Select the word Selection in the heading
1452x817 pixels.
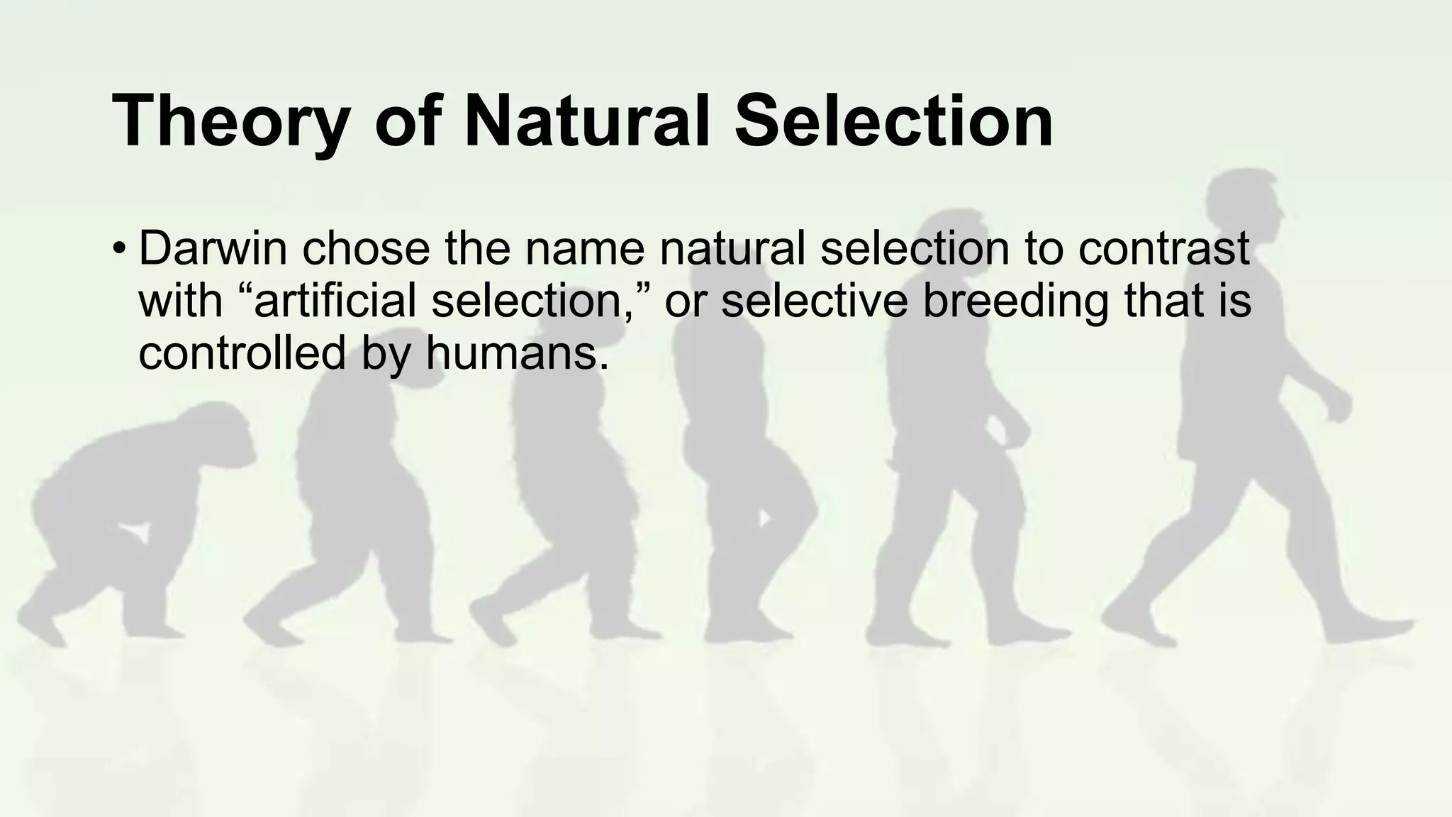coord(893,122)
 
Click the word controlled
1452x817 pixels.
coord(241,352)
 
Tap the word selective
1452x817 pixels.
coord(815,300)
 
